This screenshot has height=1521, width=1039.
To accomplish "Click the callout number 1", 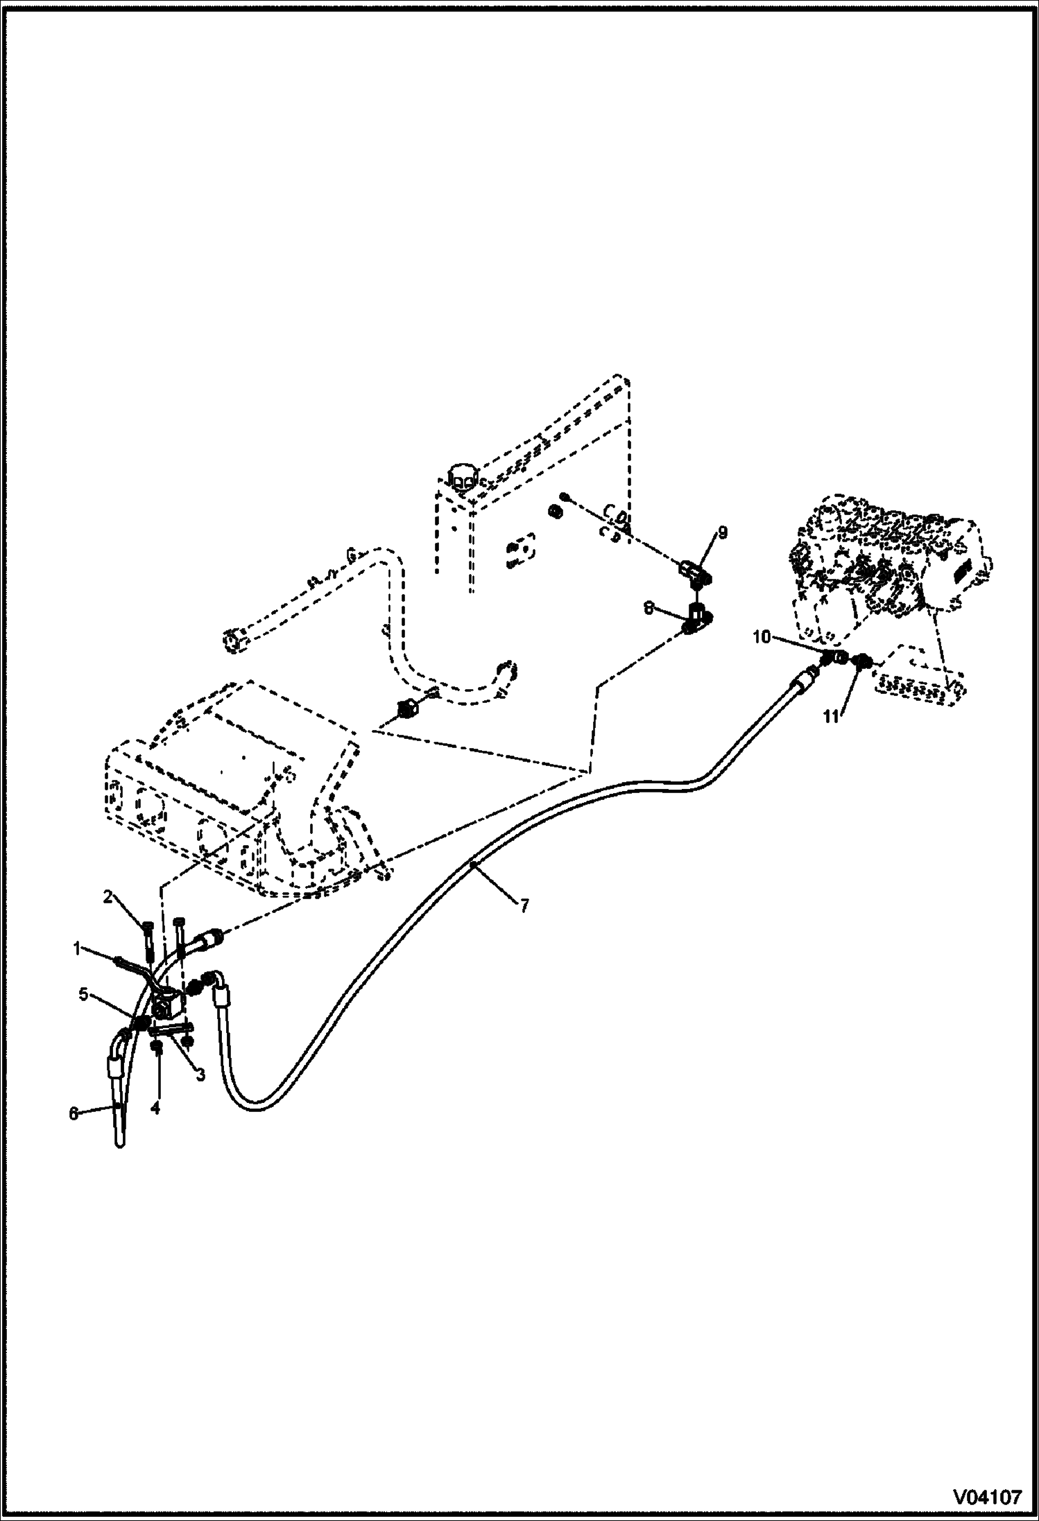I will [x=78, y=948].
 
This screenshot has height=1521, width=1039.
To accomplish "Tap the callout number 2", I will [x=108, y=897].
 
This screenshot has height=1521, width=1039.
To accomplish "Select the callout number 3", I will [x=200, y=1075].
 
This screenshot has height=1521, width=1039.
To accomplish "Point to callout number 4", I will [x=155, y=1109].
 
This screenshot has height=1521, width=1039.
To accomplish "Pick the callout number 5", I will [x=83, y=995].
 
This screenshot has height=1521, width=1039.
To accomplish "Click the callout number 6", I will [x=74, y=1114].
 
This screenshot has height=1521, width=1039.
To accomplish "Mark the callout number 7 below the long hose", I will [x=525, y=905].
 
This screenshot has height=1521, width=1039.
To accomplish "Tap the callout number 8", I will [x=649, y=608].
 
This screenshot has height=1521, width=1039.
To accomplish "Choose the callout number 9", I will [x=723, y=532].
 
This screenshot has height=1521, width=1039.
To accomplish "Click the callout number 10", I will [x=762, y=636].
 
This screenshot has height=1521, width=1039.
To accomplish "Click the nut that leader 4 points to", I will [x=157, y=1068].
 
